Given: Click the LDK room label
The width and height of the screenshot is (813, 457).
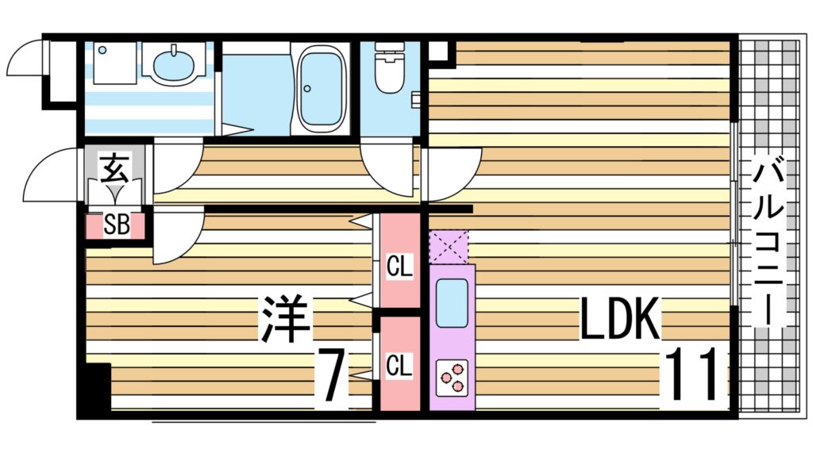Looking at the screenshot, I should (620, 320).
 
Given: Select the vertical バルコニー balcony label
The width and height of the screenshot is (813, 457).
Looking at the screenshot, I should (770, 242).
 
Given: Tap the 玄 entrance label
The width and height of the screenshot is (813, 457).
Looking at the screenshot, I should (115, 168).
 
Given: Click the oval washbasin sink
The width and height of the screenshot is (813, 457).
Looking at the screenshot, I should (175, 65).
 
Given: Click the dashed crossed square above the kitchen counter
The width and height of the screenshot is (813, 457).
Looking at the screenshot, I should (449, 247).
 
